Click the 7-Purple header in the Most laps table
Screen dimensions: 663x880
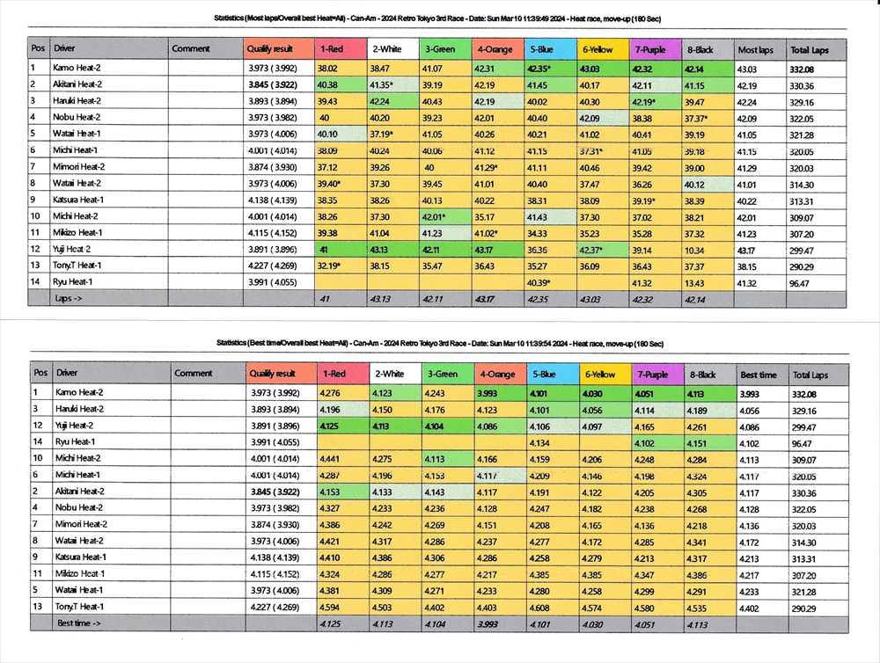(649, 49)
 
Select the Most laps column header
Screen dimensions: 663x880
(755, 50)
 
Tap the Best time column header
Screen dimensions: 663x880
(758, 375)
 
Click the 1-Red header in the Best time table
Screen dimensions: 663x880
(334, 375)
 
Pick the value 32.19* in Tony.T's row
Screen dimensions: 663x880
(330, 266)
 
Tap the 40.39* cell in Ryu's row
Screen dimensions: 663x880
(539, 282)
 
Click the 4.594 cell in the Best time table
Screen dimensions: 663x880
(331, 607)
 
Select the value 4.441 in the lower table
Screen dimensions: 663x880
(331, 458)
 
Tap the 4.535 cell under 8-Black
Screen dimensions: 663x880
(702, 607)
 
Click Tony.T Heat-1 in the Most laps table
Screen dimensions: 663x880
(77, 266)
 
